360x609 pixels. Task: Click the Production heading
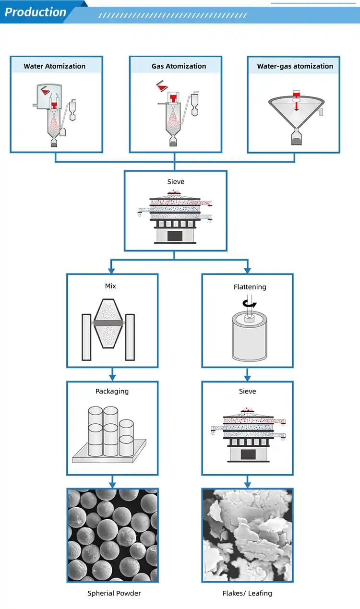coord(35,12)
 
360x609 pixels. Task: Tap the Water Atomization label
coord(55,66)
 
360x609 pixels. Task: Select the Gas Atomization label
coord(179,66)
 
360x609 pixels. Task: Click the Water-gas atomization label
coord(295,66)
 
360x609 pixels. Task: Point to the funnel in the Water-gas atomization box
coord(295,113)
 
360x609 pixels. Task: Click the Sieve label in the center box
coord(176,182)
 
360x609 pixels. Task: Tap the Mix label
coord(110,286)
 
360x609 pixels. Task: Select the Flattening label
coord(250,287)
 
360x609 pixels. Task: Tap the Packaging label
coord(112,391)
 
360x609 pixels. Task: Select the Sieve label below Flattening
coord(247,391)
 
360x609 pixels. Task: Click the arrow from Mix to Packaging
coord(112,373)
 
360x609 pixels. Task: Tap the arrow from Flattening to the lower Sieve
coord(247,373)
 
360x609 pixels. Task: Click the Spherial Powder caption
coord(114,593)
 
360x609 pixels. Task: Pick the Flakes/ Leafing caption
coord(247,593)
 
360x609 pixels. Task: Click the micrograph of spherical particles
coord(112,535)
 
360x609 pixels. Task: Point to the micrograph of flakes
coord(247,535)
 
